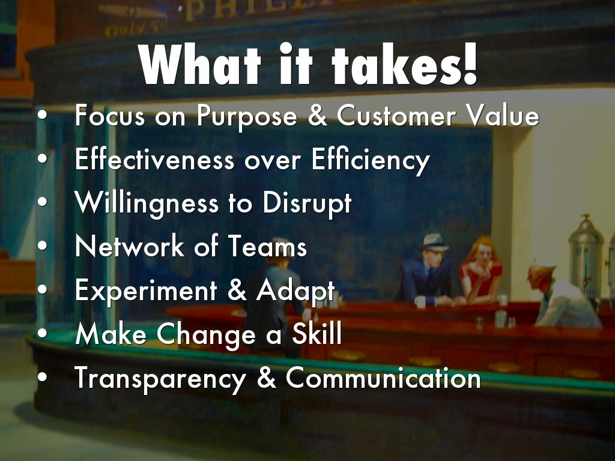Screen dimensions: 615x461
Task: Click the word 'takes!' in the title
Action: coord(404,64)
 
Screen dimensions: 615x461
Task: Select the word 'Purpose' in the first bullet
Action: coord(247,116)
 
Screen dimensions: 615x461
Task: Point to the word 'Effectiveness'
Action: coord(154,159)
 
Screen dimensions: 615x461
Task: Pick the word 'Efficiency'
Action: coord(371,161)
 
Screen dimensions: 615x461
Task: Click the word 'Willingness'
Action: coord(147,204)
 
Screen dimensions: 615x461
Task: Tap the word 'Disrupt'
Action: coord(307,204)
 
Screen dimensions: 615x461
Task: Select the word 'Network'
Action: coord(130,246)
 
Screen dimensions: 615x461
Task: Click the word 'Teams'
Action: coord(267,246)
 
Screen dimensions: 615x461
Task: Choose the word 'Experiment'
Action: coord(146,291)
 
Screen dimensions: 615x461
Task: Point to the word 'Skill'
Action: coord(317,333)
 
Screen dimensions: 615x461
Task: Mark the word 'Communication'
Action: coord(383,378)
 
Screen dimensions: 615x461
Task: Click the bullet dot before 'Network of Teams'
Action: coord(43,247)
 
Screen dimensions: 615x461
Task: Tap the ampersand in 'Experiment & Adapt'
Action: coord(237,291)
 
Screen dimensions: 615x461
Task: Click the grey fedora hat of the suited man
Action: coord(434,241)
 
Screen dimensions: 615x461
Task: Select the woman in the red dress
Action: coord(480,271)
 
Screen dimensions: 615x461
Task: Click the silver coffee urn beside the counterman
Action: coord(586,255)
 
